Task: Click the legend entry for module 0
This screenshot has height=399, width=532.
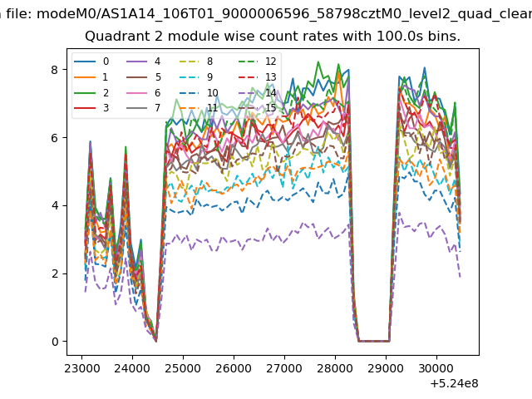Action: click(x=91, y=62)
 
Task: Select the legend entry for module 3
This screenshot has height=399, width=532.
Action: click(x=91, y=108)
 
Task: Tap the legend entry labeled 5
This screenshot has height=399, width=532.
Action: click(x=144, y=77)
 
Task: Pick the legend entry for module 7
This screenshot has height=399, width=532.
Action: click(x=144, y=108)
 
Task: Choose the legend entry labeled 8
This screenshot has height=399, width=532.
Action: click(x=196, y=62)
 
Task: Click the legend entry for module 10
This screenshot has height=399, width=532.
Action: click(x=199, y=92)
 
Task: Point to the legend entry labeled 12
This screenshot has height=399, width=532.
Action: click(x=257, y=62)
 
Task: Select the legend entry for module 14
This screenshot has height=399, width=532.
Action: click(x=257, y=92)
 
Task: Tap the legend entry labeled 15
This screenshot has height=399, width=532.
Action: click(x=257, y=108)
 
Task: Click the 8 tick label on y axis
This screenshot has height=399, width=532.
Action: click(x=54, y=70)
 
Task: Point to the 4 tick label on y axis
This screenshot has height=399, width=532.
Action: click(x=54, y=206)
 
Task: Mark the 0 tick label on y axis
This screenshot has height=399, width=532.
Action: click(x=55, y=342)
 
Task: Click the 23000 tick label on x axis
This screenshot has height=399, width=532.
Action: click(x=81, y=368)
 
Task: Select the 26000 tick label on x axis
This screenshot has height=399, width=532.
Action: click(x=234, y=368)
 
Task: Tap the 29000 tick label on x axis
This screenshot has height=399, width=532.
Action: click(x=386, y=368)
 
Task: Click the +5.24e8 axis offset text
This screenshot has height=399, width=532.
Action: click(x=454, y=384)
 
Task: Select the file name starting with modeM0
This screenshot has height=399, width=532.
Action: click(x=284, y=15)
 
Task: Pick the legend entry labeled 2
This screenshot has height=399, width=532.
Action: click(x=91, y=92)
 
